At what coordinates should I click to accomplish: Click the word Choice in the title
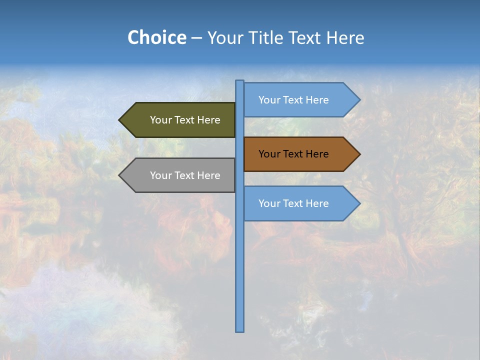click(x=156, y=37)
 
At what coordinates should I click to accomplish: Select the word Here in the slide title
click(x=345, y=37)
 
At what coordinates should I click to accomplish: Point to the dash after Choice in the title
click(x=196, y=38)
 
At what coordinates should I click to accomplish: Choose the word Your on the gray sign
click(x=160, y=175)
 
